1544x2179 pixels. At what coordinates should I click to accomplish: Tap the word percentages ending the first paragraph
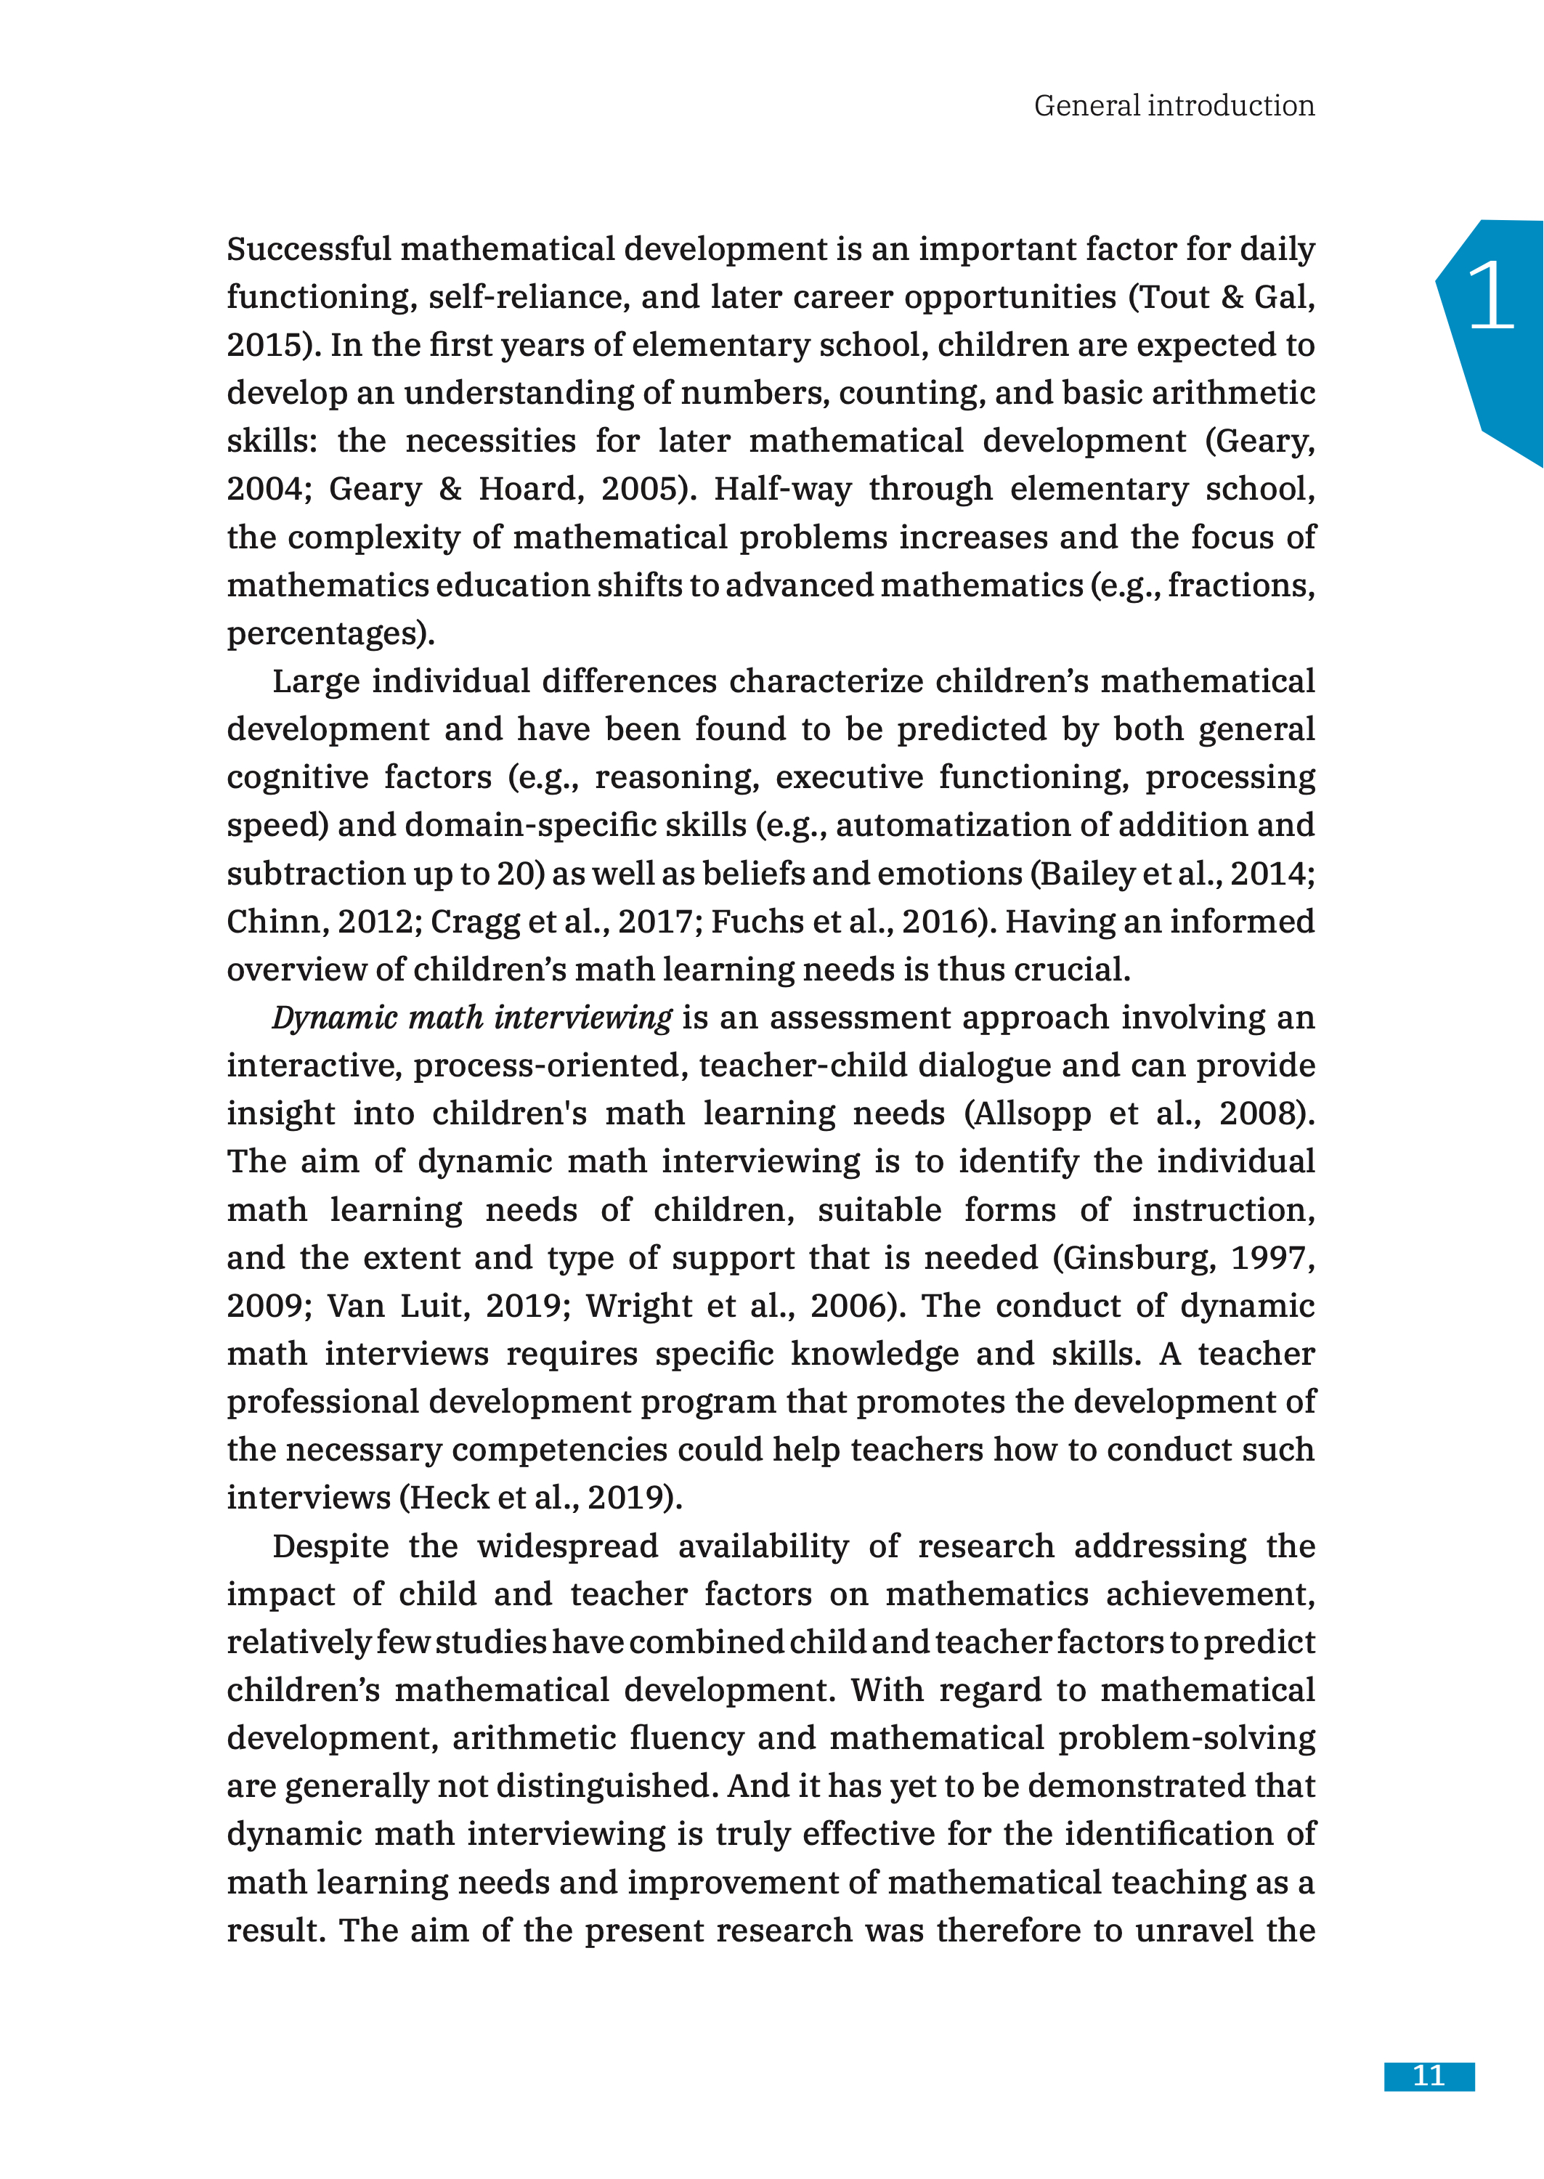click(326, 634)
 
